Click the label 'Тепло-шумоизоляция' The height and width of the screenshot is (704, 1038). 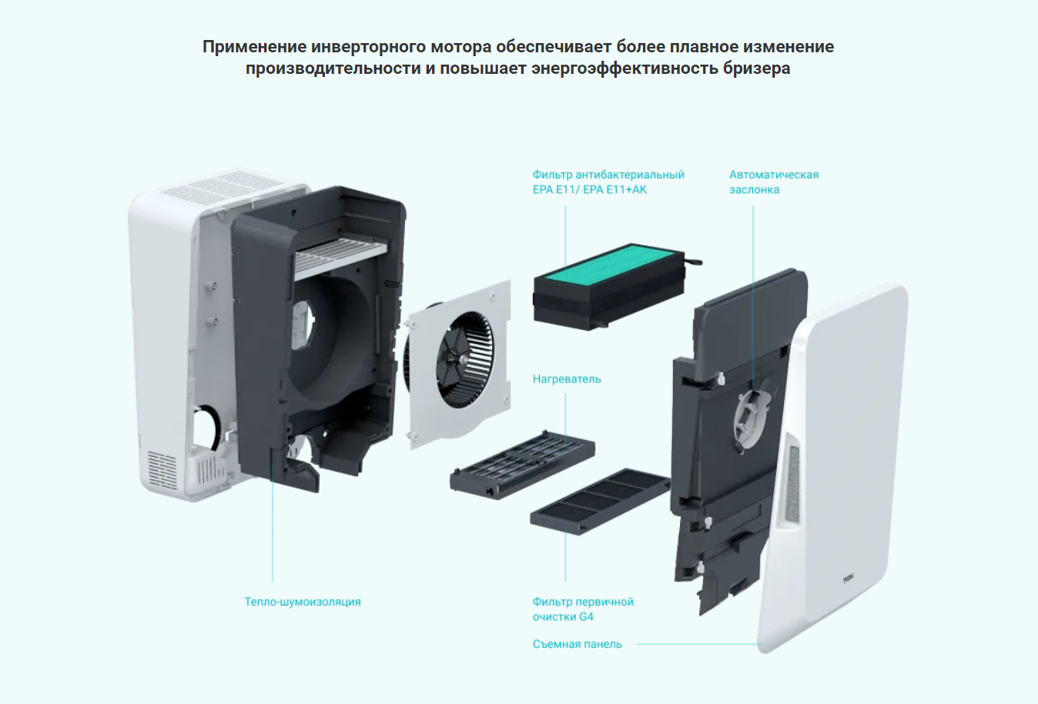coord(303,602)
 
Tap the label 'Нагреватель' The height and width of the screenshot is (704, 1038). coord(566,379)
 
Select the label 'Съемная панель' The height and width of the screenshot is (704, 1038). coord(577,644)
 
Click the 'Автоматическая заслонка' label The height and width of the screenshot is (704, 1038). coord(774,182)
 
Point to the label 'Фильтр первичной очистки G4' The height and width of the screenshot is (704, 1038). coord(582,609)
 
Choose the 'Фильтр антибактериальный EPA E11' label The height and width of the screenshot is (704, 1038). coord(608,182)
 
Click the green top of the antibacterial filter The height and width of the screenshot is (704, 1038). coord(614,266)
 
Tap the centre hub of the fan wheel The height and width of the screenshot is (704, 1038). coord(463,359)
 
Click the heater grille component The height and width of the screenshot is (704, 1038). coord(522,465)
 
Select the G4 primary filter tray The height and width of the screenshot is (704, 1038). coord(601,501)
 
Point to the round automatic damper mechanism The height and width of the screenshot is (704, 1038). coord(752,415)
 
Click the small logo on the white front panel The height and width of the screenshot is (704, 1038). coord(848,579)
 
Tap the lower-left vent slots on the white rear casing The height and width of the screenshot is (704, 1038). coord(162,469)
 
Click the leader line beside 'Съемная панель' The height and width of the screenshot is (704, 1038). coord(700,644)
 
